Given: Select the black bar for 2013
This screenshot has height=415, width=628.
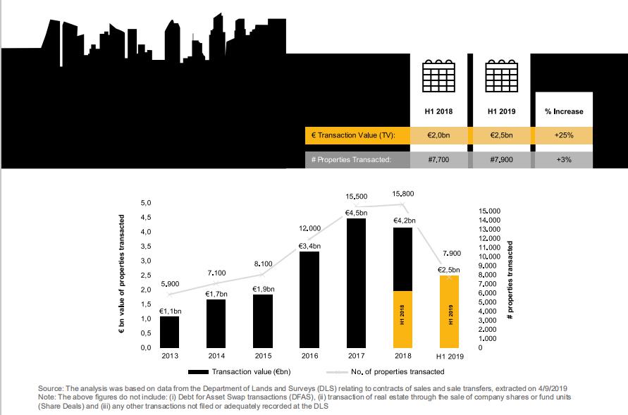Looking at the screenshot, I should coord(169,332).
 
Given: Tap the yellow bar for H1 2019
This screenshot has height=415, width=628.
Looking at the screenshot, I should coord(449,311).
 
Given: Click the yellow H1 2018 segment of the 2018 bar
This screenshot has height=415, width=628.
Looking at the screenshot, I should coord(402,319).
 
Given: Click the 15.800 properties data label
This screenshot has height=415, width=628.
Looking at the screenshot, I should coord(403,194).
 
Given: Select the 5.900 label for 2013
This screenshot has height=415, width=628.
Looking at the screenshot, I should coord(170,283).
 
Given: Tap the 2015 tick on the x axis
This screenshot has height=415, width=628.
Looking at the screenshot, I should coord(263,356).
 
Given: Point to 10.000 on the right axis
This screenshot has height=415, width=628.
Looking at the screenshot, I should coord(489,256).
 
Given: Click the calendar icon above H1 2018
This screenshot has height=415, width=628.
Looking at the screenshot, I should coord(439,75).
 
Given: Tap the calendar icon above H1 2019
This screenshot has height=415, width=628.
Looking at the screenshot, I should coord(501,75).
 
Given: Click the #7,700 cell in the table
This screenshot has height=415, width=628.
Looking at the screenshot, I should coord(439,160).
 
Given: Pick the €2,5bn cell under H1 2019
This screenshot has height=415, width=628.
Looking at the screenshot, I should coord(501,135).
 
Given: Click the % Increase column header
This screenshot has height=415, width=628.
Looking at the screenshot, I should coord(564,111).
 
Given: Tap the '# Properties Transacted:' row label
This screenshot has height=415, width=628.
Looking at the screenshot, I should coord(350,160).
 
